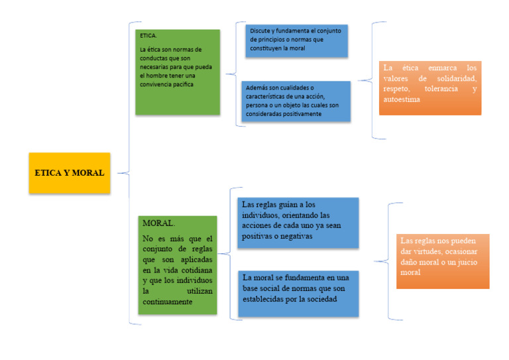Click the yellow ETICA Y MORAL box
(70, 173)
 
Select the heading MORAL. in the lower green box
(158, 223)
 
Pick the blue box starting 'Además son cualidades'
(296, 101)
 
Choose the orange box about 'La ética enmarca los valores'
(429, 88)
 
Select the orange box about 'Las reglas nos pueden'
(442, 261)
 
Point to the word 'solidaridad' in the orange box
(452, 78)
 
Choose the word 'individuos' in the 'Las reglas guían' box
(262, 215)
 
